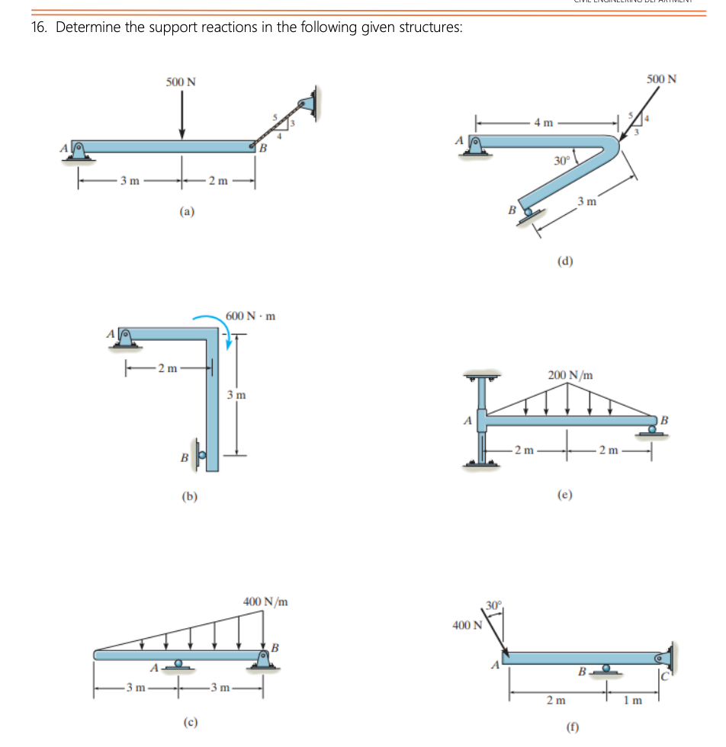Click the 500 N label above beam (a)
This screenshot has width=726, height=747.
coord(181,82)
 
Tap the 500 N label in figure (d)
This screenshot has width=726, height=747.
coord(661,79)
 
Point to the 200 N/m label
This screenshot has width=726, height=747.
coord(570,375)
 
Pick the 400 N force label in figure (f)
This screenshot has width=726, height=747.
coord(467,626)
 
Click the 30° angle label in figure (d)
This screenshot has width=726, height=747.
coord(561,161)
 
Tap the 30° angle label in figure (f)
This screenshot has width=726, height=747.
coord(493,606)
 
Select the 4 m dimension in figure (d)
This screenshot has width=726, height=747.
coord(544,122)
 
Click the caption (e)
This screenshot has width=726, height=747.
coord(565,494)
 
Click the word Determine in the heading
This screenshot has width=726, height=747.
coord(87,27)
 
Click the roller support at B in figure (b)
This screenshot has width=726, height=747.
coord(200,457)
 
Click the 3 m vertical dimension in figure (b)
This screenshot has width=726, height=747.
coord(236,395)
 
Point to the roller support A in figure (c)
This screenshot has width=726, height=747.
coord(178,665)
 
